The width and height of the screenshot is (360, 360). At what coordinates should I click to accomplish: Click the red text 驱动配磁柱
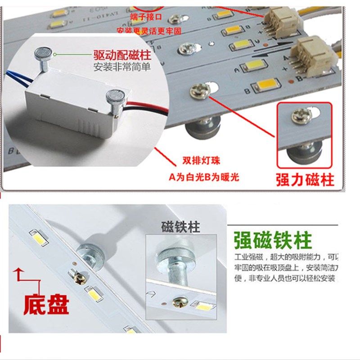(x=121, y=56)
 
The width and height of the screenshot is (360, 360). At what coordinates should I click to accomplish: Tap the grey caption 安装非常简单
(x=121, y=68)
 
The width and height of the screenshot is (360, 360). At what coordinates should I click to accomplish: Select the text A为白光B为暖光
(x=204, y=176)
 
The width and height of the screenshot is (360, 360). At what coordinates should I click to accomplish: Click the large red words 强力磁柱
(x=305, y=179)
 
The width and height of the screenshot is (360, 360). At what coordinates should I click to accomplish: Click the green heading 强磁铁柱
(x=272, y=241)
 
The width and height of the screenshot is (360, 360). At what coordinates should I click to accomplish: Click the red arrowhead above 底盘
(x=18, y=270)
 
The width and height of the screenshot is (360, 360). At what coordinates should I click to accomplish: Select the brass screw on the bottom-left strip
(x=81, y=278)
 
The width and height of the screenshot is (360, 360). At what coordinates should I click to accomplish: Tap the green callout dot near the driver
(x=54, y=54)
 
